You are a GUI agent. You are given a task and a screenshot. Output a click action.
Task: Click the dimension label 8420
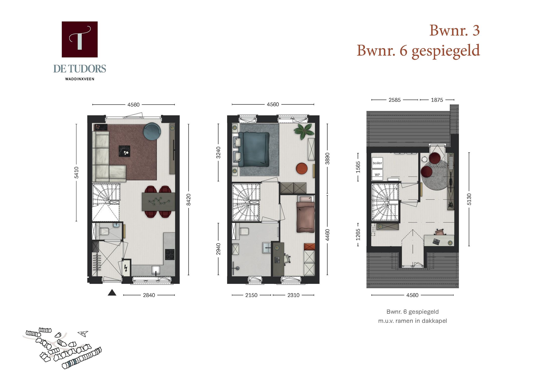pos(189,200)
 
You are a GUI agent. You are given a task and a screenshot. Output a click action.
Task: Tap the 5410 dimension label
pos(77,173)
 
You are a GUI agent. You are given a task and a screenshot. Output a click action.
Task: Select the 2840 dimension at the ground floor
pos(149,295)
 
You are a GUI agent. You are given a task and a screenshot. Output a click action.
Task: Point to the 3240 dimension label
pos(218,152)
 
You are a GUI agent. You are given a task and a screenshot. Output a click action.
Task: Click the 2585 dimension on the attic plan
pos(394,100)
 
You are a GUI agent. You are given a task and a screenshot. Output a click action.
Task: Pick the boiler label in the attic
pos(377,163)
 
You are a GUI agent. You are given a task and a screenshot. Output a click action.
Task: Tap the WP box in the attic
pos(377,175)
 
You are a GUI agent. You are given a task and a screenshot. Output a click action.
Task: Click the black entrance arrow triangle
pos(112,293)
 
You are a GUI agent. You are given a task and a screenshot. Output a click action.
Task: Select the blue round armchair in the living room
pos(152,131)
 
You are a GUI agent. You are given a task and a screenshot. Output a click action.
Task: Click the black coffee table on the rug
pos(124,151)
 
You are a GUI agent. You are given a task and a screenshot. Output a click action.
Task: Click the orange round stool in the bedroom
pos(302,168)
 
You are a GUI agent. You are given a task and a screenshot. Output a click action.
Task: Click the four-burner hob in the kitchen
pos(170,254)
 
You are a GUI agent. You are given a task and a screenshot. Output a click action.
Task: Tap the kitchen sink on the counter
pos(156,270)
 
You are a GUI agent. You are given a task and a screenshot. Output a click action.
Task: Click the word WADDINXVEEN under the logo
pos(80,79)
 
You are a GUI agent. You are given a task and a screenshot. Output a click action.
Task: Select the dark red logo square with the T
pos(80,39)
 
